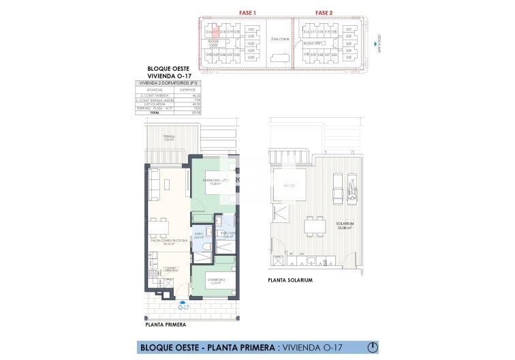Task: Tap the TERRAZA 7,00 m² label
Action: pyautogui.click(x=168, y=138)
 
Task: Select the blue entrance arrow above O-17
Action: pyautogui.click(x=183, y=299)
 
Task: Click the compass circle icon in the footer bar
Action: pyautogui.click(x=372, y=346)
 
